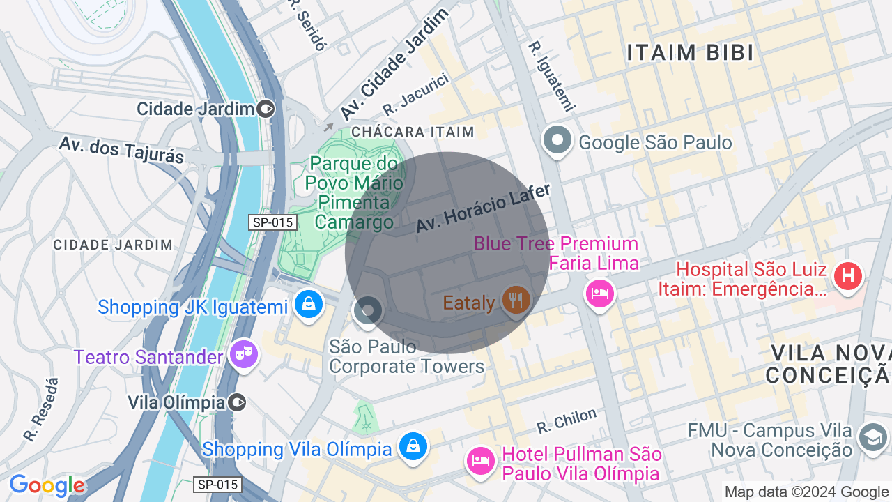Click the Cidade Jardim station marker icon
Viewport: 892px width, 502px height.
(266, 109)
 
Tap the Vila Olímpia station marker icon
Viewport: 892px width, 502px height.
(238, 402)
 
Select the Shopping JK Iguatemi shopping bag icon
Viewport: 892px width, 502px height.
(307, 305)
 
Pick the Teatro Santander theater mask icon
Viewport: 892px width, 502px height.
(243, 354)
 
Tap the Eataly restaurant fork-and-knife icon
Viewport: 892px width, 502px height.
(516, 300)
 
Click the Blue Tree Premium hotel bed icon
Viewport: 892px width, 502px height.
(599, 293)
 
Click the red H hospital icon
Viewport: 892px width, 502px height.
(848, 275)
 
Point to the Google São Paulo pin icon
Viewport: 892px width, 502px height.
(557, 140)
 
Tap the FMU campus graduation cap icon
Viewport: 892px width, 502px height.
(872, 438)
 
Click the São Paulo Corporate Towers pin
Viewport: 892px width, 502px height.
(367, 310)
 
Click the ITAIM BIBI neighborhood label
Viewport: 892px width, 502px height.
(690, 53)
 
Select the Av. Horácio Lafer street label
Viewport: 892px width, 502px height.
(483, 208)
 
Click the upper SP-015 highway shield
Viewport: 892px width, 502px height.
(273, 222)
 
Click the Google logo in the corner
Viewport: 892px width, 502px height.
(47, 486)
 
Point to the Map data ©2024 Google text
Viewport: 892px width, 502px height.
(807, 492)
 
